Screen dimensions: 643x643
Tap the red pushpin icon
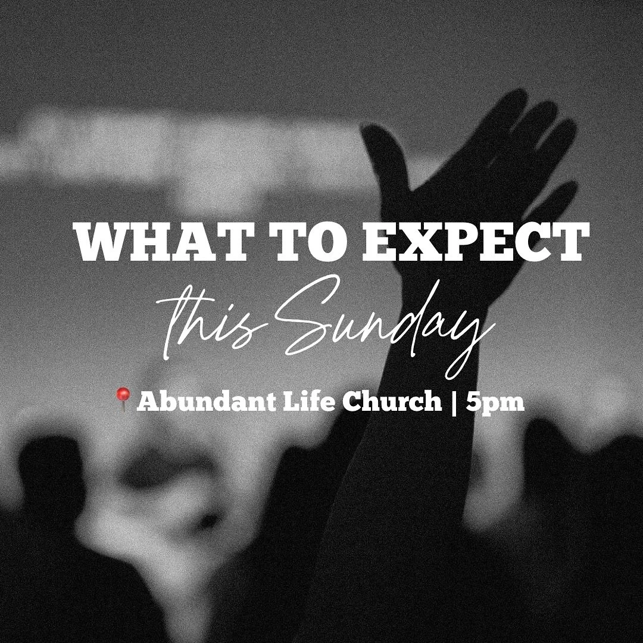click(123, 398)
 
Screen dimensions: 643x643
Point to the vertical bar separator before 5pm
click(455, 402)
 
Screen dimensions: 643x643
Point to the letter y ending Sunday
click(470, 339)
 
